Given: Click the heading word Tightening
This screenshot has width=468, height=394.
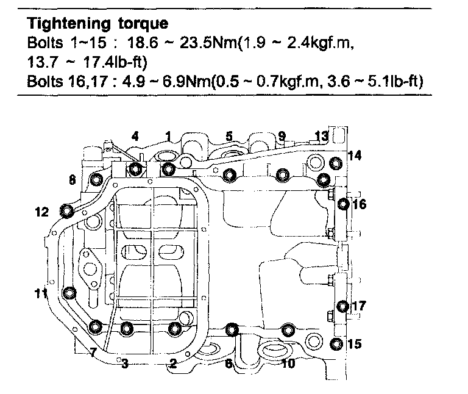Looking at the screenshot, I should (64, 24).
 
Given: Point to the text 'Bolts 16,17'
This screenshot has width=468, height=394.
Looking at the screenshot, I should (58, 82).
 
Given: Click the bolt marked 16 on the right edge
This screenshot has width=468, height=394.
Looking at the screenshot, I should (342, 204).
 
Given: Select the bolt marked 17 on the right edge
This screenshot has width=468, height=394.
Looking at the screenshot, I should (342, 306).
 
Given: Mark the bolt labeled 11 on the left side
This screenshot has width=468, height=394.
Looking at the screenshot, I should (69, 294).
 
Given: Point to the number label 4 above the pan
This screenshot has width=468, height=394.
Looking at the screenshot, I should (135, 137).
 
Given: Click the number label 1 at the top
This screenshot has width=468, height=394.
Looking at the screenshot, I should (168, 135).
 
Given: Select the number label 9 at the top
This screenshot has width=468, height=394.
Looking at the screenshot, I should (281, 135).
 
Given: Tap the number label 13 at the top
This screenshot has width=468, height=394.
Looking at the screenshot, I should (321, 135).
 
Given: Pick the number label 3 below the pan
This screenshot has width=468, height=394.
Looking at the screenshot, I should (124, 365).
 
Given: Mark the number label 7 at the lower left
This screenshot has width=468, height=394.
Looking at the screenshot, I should (93, 353).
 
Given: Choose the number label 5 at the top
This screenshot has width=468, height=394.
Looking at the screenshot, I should (229, 136).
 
